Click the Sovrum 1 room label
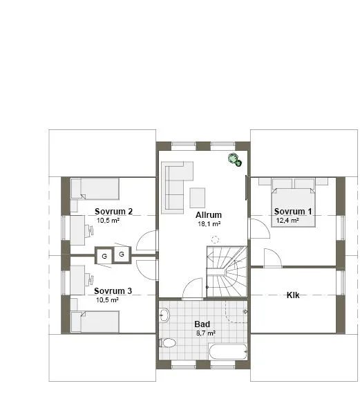pyautogui.click(x=293, y=211)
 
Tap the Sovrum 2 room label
pyautogui.click(x=114, y=211)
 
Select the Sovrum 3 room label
pyautogui.click(x=113, y=290)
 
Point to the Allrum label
pyautogui.click(x=208, y=214)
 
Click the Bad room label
pyautogui.click(x=202, y=323)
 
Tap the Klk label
pyautogui.click(x=293, y=295)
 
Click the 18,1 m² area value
pyautogui.click(x=208, y=224)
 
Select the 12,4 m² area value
pyautogui.click(x=287, y=221)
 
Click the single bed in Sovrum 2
pyautogui.click(x=95, y=189)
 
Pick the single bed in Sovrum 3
pyautogui.click(x=95, y=322)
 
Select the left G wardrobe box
pyautogui.click(x=104, y=256)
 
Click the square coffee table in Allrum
pyautogui.click(x=198, y=197)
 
